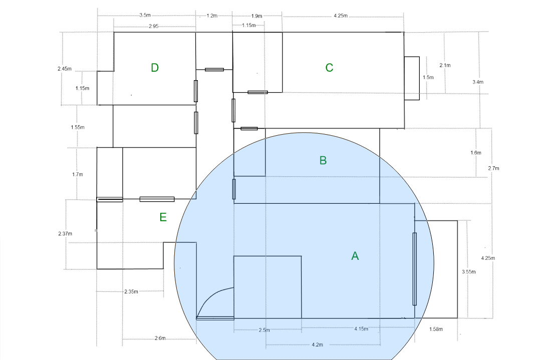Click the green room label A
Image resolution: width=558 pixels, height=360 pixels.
(355, 256)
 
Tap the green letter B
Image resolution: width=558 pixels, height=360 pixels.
(323, 160)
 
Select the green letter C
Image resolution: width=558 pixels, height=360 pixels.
(329, 68)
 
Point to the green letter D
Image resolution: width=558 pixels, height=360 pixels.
(154, 68)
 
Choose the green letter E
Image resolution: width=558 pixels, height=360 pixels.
(163, 217)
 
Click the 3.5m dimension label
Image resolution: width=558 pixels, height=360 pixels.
(145, 16)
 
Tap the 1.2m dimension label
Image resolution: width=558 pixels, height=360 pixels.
(212, 16)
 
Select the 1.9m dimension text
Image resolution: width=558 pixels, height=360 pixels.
(256, 16)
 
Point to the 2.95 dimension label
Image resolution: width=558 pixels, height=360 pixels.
(153, 26)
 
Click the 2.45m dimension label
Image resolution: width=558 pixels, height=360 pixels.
(65, 69)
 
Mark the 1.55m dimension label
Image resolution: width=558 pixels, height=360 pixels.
(78, 127)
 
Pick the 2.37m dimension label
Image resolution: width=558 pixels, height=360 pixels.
(65, 234)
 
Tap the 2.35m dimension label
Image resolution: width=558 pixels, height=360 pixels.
(131, 291)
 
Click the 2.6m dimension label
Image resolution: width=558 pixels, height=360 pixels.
(160, 338)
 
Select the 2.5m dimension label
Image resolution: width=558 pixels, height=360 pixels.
(264, 330)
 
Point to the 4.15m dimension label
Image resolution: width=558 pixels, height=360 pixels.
(361, 328)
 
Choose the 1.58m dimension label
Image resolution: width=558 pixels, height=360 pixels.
(436, 329)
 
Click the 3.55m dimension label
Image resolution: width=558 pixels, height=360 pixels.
(469, 272)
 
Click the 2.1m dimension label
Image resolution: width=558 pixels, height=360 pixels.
(445, 65)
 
